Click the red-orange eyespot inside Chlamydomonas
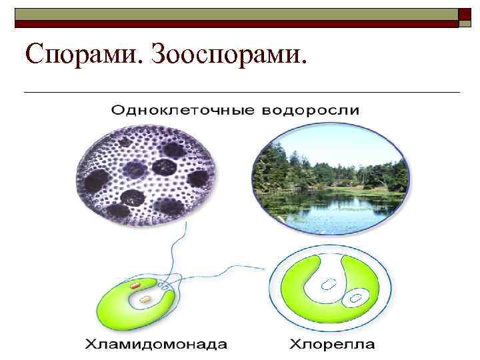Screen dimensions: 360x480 pos(135,286)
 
